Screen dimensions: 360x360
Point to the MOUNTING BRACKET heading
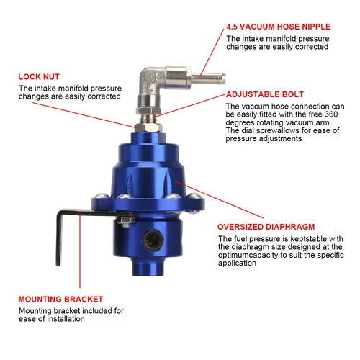(61, 299)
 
